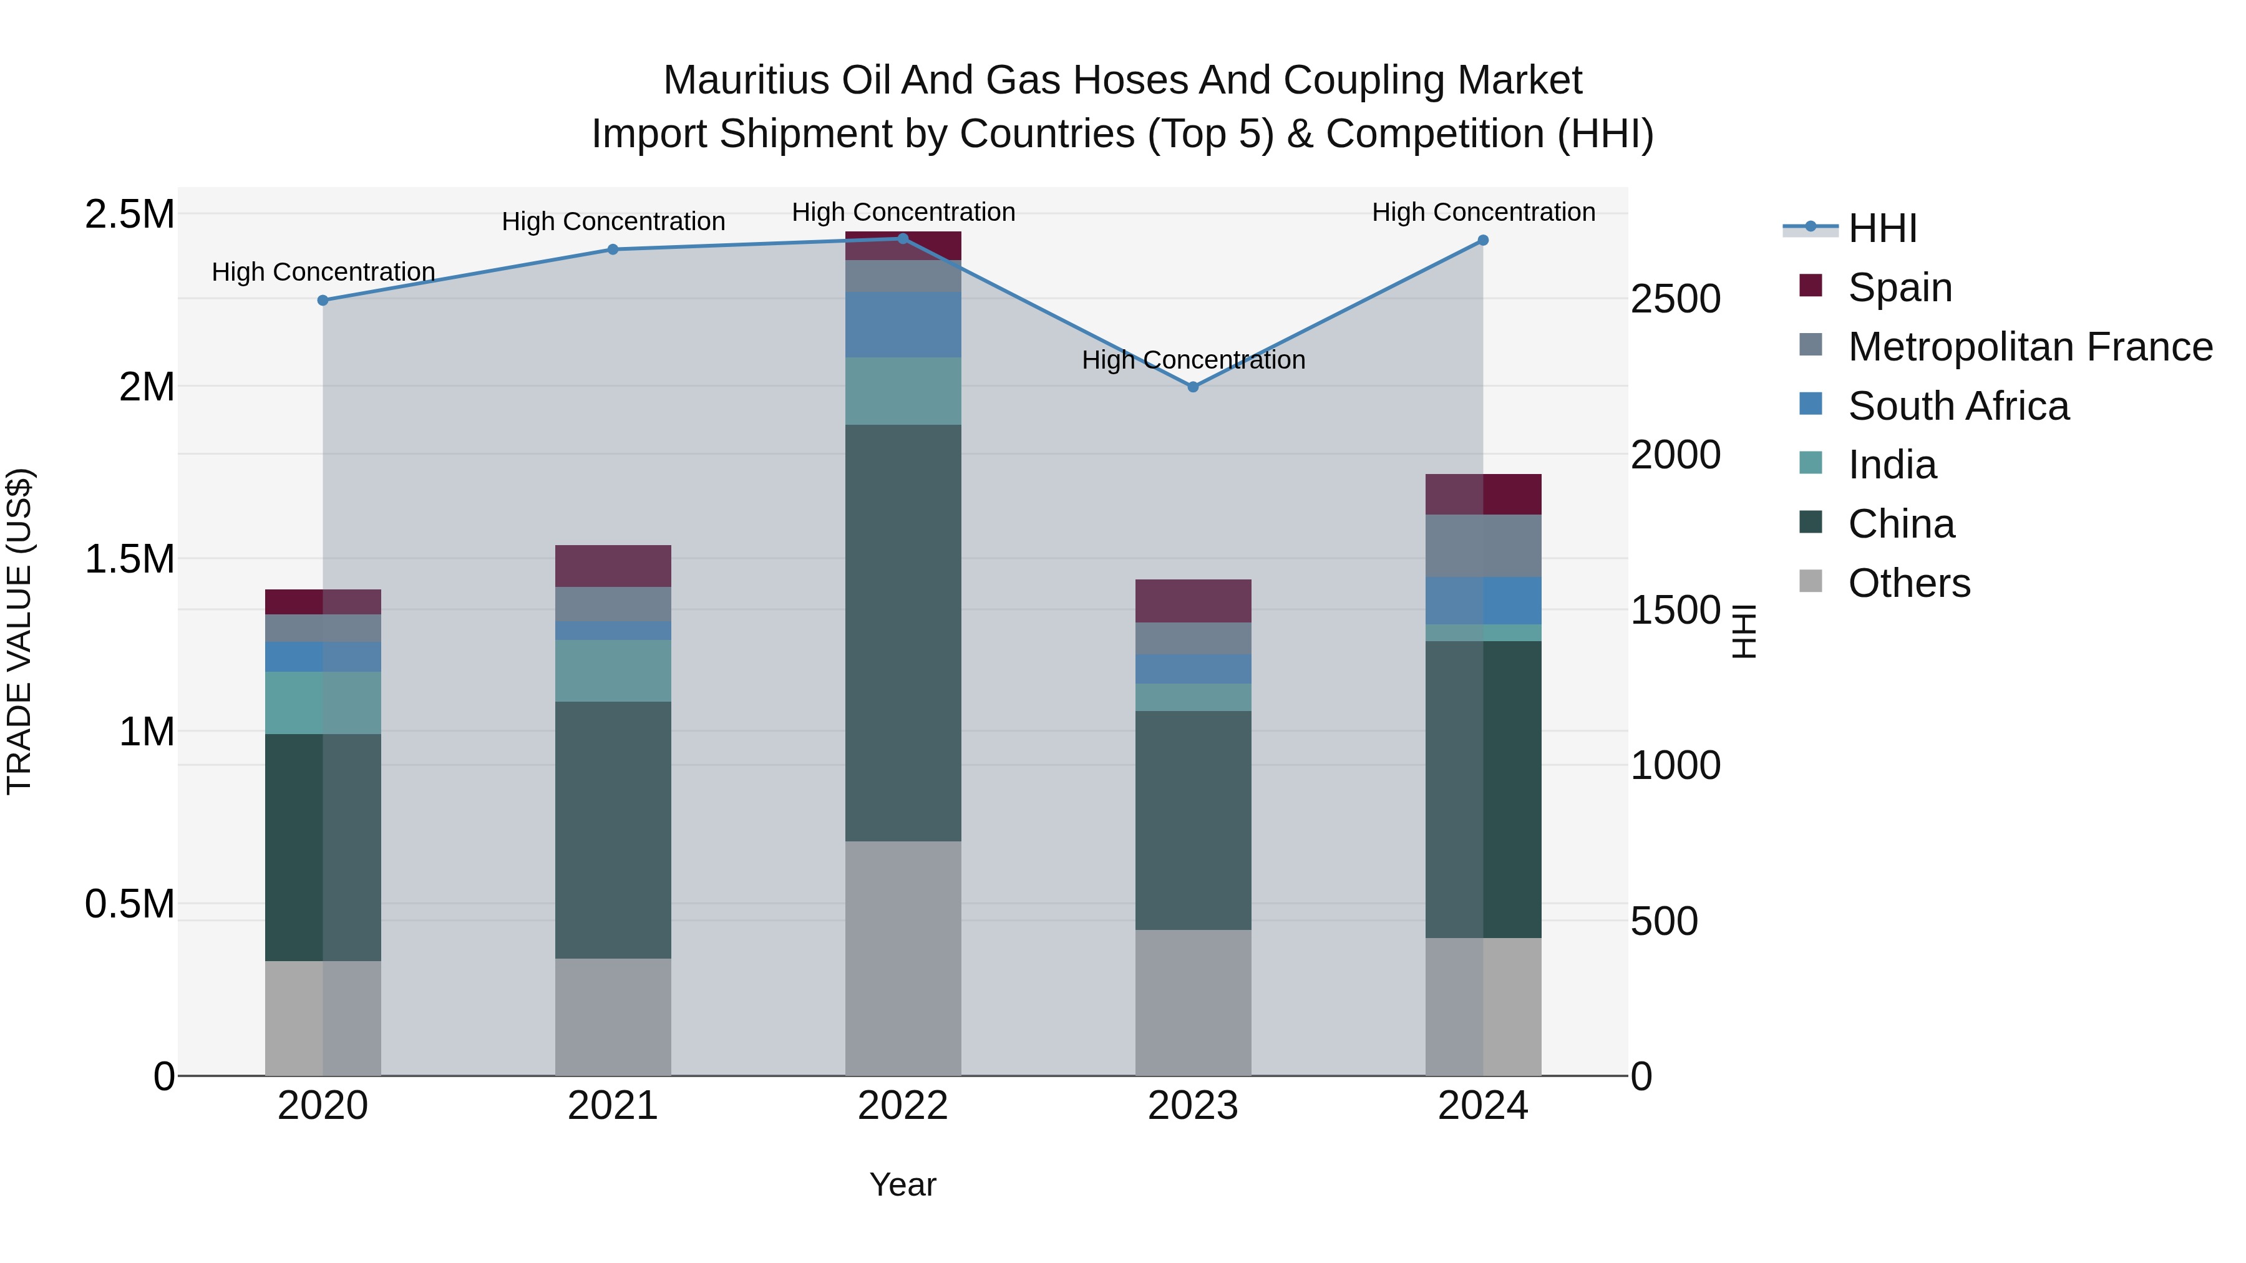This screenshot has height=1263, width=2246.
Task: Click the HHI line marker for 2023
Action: pyautogui.click(x=1193, y=387)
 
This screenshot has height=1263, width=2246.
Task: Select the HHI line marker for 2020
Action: pyautogui.click(x=323, y=300)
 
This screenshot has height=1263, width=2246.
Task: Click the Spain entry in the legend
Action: pyautogui.click(x=1899, y=288)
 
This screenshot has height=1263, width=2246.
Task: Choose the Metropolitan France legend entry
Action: pyautogui.click(x=2029, y=347)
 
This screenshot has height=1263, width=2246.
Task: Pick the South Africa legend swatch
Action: pyautogui.click(x=1811, y=404)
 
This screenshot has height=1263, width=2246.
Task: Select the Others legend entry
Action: pyautogui.click(x=1908, y=583)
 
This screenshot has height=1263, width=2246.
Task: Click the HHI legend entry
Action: pyautogui.click(x=1882, y=228)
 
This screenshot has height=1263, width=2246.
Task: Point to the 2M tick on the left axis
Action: pyautogui.click(x=147, y=386)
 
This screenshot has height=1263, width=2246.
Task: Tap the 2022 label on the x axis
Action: pyautogui.click(x=902, y=1106)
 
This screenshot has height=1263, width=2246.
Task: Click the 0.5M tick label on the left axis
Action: pyautogui.click(x=130, y=904)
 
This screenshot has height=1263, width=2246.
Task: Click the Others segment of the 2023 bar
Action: pyautogui.click(x=1193, y=1002)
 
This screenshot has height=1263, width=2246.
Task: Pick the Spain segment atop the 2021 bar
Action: pyautogui.click(x=613, y=566)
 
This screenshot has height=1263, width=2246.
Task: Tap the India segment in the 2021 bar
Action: pyautogui.click(x=613, y=670)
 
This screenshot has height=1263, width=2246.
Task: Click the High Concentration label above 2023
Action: pyautogui.click(x=1193, y=360)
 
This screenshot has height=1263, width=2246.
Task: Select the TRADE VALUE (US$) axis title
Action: pyautogui.click(x=19, y=631)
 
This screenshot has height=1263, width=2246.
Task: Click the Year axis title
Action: pyautogui.click(x=902, y=1184)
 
